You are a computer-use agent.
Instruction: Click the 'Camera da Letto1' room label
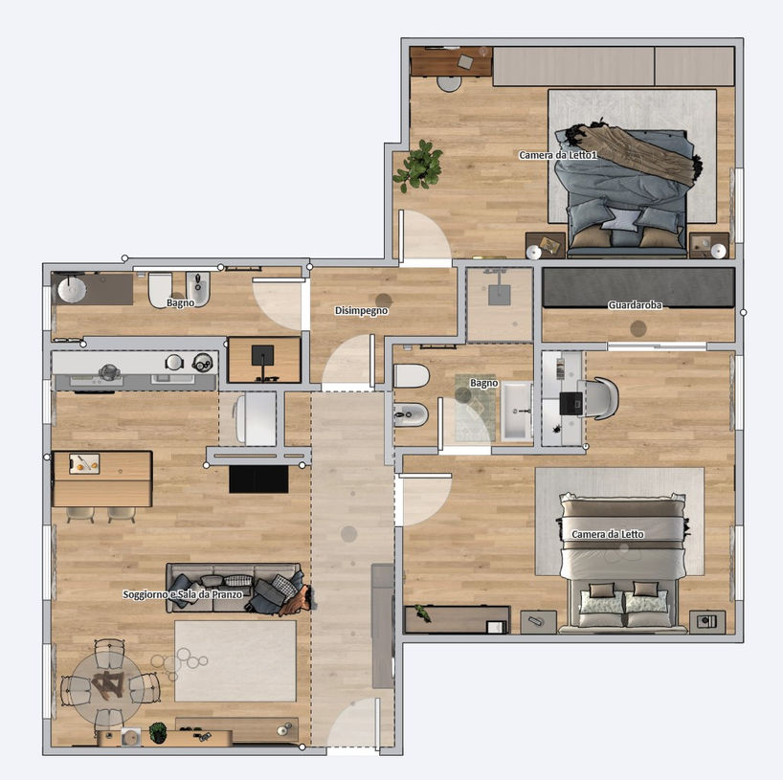pos(558,155)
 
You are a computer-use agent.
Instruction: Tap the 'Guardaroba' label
pos(635,304)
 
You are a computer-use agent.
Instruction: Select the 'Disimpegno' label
pos(361,311)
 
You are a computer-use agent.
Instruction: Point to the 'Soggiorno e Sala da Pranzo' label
pos(182,594)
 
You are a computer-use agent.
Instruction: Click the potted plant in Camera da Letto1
pos(419,166)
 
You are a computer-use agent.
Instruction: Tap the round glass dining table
pos(108,682)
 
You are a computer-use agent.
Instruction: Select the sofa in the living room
pos(234,588)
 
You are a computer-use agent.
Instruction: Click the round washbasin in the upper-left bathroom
pos(72,290)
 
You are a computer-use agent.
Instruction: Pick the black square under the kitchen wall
pos(258,479)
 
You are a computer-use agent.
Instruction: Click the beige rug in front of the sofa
pos(235,660)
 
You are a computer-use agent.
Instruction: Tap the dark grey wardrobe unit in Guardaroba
pos(638,287)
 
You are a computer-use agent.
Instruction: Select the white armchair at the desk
pos(598,398)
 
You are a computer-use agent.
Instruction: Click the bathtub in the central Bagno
pos(517,412)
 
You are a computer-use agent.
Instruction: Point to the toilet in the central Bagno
pos(412,376)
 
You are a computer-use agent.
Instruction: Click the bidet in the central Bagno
pos(411,414)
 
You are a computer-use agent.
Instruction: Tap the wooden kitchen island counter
pos(102,479)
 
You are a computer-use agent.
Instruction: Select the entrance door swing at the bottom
pos(353,724)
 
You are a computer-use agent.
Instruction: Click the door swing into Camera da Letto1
pos(425,235)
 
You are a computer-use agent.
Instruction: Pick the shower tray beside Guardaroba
pos(500,305)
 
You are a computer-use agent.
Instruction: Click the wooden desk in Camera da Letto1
pos(451,61)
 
